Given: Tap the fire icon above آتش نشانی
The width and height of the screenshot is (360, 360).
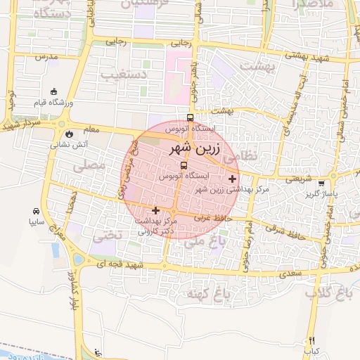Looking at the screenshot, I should click(x=69, y=134).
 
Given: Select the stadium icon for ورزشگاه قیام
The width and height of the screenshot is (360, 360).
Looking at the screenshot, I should click(x=55, y=91).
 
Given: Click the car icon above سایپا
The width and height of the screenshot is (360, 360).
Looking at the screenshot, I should click(x=36, y=211).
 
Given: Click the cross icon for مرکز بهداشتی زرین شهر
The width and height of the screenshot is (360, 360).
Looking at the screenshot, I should click(x=233, y=179).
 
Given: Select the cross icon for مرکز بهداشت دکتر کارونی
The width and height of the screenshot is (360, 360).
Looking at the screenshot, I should click(x=155, y=210).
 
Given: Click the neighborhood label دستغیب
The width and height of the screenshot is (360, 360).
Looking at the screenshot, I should click(x=123, y=73).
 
